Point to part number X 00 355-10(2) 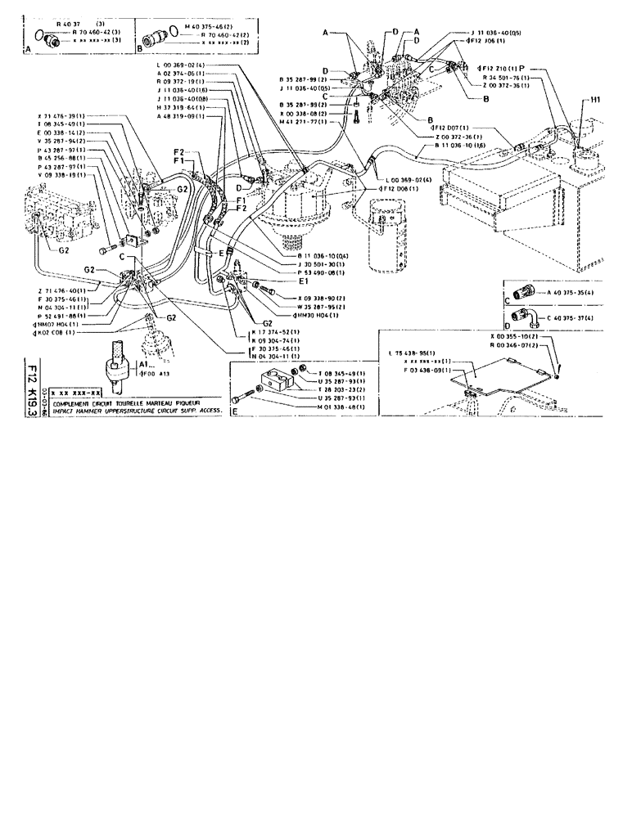(515, 336)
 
